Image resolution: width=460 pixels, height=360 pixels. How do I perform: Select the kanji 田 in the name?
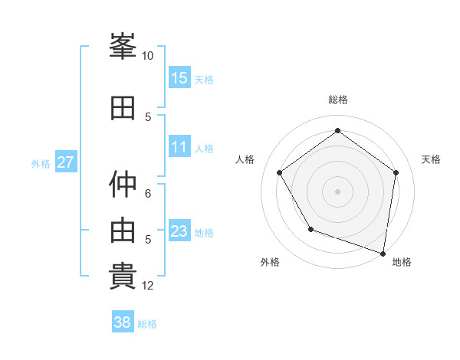click(x=123, y=108)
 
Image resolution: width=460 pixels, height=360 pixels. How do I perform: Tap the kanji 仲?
click(x=123, y=184)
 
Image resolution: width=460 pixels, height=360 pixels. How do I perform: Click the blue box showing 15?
click(x=179, y=78)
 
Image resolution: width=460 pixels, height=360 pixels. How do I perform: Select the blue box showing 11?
click(x=179, y=148)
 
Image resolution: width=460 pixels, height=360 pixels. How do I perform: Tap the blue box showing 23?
click(x=179, y=231)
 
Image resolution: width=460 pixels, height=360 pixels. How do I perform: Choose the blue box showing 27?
click(x=66, y=162)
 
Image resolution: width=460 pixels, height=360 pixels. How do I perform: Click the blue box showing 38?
click(x=123, y=323)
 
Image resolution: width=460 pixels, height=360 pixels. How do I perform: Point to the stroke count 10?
click(x=148, y=56)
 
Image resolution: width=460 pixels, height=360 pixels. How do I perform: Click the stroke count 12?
click(x=148, y=286)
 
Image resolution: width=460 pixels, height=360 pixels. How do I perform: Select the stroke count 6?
click(x=148, y=193)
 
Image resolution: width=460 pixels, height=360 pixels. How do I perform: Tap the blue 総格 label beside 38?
click(x=147, y=324)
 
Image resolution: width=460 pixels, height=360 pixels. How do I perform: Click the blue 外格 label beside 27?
click(x=41, y=163)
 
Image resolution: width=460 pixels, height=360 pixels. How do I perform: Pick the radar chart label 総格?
click(x=337, y=100)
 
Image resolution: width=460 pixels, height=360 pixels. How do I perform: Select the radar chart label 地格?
click(x=402, y=262)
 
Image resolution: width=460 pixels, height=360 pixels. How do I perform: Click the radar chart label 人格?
click(x=245, y=159)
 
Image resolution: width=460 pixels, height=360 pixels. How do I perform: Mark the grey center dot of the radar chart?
click(x=337, y=191)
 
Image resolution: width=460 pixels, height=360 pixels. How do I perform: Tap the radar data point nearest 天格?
click(x=396, y=172)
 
